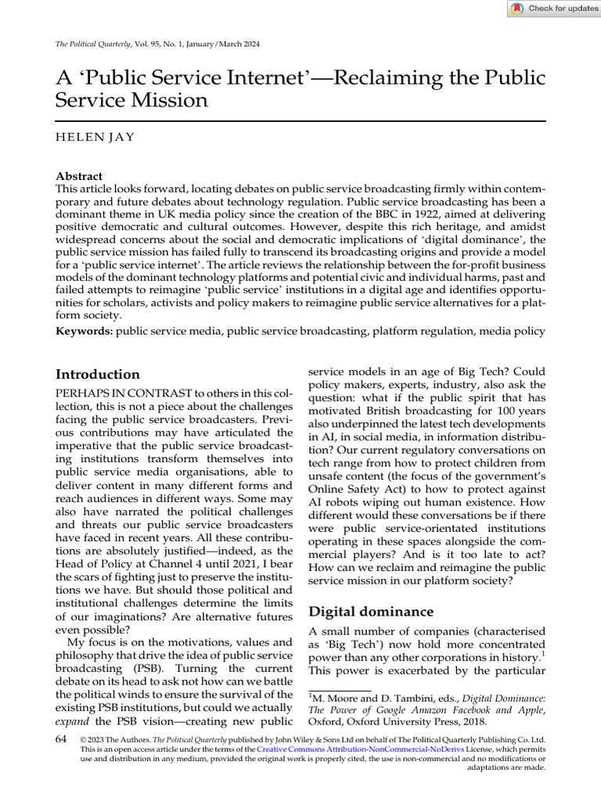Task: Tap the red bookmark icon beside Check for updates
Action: (517, 9)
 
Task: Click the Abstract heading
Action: (79, 177)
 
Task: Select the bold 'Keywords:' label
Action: (84, 332)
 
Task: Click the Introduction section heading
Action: (98, 374)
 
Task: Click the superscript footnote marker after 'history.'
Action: (543, 653)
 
